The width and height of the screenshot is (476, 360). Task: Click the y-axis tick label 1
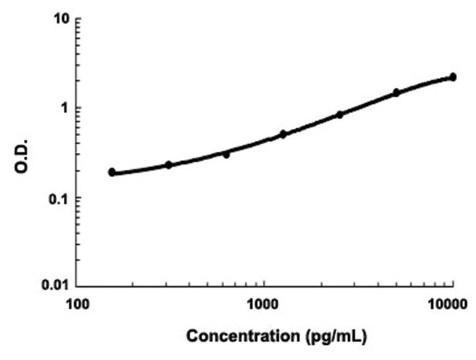(x=64, y=108)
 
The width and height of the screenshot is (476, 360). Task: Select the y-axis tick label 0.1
(x=59, y=198)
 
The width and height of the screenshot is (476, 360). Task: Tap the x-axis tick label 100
(x=78, y=303)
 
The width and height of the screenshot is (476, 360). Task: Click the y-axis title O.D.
(x=23, y=152)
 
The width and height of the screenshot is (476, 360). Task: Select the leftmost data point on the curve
(x=112, y=172)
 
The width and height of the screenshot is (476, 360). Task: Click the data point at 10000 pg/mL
(x=453, y=77)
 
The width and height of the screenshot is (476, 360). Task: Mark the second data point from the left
(x=168, y=165)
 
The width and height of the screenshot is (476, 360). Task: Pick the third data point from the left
(x=226, y=154)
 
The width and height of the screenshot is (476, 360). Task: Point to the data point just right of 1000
(x=283, y=134)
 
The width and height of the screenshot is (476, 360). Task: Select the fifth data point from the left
(x=340, y=114)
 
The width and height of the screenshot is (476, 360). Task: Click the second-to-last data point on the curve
(x=396, y=92)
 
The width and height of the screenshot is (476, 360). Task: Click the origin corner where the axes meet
(x=78, y=285)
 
